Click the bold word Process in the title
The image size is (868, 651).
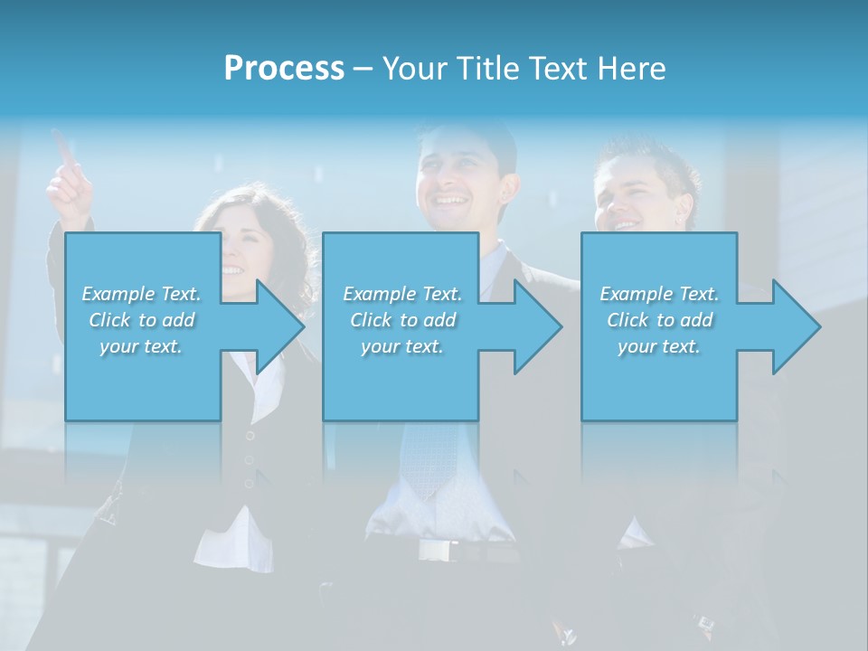(284, 69)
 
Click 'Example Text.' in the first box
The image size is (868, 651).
(141, 294)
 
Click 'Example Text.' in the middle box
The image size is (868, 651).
(402, 294)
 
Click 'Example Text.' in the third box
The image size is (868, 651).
(659, 294)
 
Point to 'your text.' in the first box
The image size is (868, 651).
(141, 346)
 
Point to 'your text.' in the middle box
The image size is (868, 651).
(402, 346)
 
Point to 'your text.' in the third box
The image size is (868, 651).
(659, 346)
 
